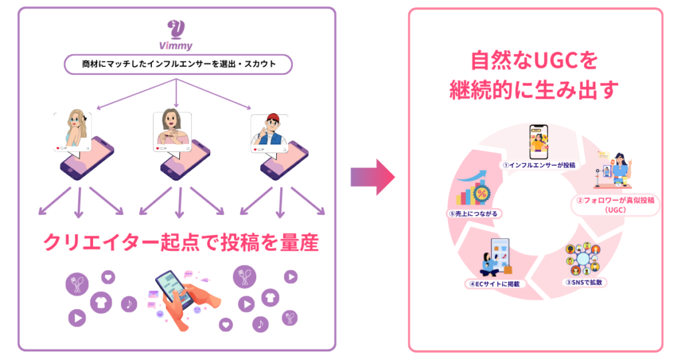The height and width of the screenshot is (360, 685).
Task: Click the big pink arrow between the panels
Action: pos(373,177)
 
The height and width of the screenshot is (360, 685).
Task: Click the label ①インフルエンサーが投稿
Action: pos(539,164)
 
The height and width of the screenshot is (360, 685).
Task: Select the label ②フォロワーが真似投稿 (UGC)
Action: pos(614,204)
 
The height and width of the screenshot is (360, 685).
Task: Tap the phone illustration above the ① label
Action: pos(539,141)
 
